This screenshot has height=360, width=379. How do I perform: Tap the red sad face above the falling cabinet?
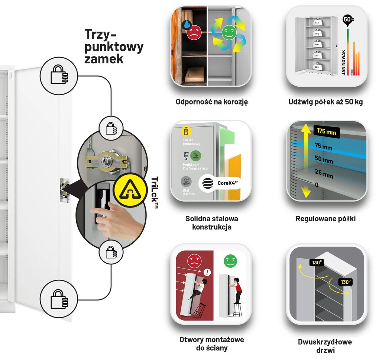(x=194, y=260)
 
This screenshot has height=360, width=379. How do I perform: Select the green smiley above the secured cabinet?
(x=230, y=260)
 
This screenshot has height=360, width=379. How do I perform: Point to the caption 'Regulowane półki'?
(x=325, y=219)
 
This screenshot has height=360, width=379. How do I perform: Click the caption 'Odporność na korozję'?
(x=211, y=102)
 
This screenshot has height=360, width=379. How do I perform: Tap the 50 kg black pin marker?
(x=347, y=20)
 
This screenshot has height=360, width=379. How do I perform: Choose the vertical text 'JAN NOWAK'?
(x=344, y=62)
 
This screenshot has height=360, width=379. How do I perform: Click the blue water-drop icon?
(x=187, y=25)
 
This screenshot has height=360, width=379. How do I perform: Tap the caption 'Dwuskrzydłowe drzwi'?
(x=325, y=345)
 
